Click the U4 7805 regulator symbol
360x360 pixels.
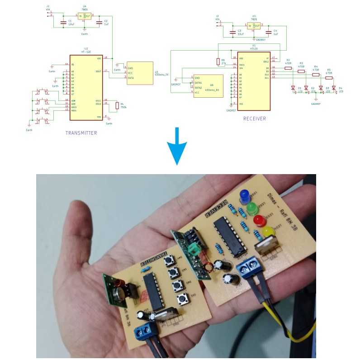coord(85,16)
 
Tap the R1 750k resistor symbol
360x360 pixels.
coord(117,105)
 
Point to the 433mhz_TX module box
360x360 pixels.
coord(140,73)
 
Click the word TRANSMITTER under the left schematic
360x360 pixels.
coord(81,133)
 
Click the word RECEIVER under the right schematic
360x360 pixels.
coord(255,118)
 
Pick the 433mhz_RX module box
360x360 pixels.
coord(208,86)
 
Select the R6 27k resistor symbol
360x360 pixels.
coord(218,62)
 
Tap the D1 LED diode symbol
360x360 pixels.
coord(293,88)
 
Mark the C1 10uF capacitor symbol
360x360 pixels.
coord(63,22)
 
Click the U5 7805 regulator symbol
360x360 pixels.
coord(254,26)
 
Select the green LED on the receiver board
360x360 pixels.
coord(252,208)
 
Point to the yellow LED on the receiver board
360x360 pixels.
coord(268,232)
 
